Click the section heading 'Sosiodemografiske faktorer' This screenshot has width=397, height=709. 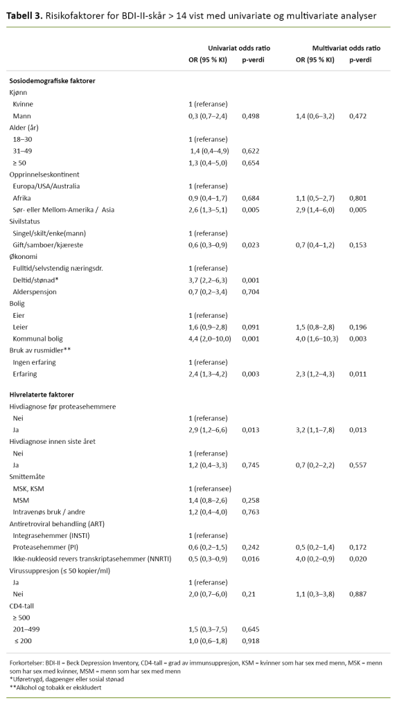pyautogui.click(x=53, y=81)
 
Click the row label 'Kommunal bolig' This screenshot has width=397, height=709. pyautogui.click(x=38, y=339)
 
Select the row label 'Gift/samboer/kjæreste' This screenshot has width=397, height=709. pyautogui.click(x=48, y=245)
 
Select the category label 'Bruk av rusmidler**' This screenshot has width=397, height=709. pyautogui.click(x=39, y=350)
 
